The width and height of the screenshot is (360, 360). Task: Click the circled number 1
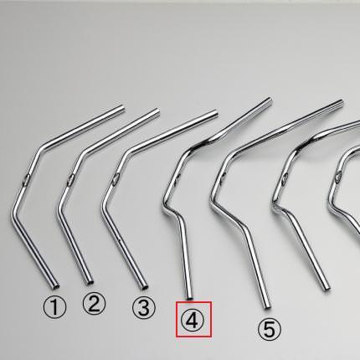55,307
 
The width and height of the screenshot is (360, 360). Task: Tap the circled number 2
95,304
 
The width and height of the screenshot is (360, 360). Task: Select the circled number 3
144,307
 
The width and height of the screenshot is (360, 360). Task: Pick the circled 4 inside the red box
193,319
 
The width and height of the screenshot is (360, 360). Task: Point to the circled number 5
270,329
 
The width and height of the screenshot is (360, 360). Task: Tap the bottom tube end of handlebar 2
90,283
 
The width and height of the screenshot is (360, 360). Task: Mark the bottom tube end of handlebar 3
145,286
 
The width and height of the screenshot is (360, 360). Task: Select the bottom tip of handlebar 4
189,298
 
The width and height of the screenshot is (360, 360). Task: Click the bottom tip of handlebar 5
267,306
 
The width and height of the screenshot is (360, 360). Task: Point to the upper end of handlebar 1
122,107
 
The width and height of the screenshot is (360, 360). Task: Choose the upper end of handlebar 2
157,111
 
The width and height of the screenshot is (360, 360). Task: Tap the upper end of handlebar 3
215,113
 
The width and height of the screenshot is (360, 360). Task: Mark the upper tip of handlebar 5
341,102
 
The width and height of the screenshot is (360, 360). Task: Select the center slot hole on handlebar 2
70,179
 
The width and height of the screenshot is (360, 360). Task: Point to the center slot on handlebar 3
116,179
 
